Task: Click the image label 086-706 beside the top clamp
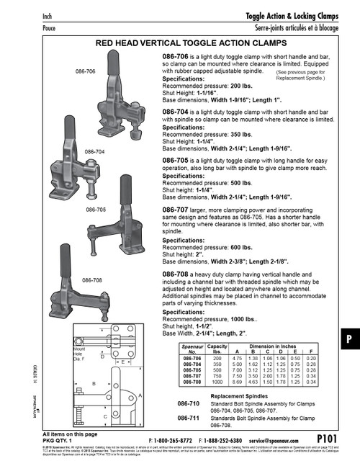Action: click(x=85, y=72)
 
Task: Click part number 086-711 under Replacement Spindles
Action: click(x=189, y=418)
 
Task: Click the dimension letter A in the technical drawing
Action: click(x=139, y=395)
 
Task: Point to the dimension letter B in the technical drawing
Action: click(x=94, y=384)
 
